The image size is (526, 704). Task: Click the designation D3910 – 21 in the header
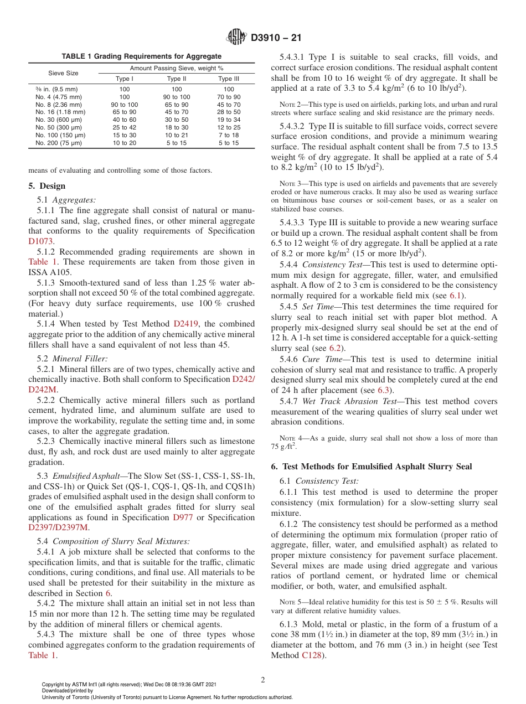click(x=276, y=38)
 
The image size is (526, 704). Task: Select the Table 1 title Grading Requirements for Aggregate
click(x=141, y=56)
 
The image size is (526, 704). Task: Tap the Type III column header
click(x=229, y=79)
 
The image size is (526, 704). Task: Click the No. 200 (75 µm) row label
click(x=56, y=143)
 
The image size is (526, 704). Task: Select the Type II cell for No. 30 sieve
click(x=177, y=120)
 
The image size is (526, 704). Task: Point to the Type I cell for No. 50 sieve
click(x=125, y=127)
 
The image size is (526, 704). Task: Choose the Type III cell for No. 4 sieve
click(x=229, y=96)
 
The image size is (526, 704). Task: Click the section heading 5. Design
click(x=47, y=186)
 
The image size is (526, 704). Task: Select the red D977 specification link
click(x=183, y=517)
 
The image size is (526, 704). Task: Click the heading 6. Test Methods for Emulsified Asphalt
click(x=372, y=467)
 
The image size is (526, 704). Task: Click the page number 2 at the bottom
click(x=263, y=680)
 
